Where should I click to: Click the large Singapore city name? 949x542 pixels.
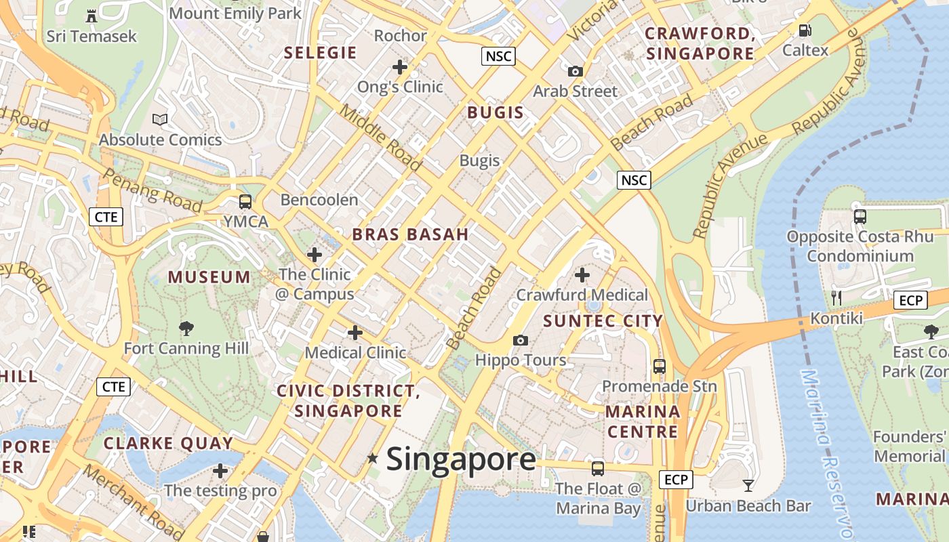[461, 459]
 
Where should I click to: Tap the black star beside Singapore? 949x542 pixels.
[372, 459]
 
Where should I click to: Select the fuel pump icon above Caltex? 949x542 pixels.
[805, 30]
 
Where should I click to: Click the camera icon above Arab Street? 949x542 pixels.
[575, 71]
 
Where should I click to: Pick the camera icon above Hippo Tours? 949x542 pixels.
[520, 340]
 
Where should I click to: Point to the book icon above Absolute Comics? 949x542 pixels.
[160, 120]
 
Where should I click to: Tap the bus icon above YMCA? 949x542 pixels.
[245, 202]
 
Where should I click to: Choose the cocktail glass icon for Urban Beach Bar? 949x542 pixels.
[748, 485]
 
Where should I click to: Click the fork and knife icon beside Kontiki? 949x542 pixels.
[836, 298]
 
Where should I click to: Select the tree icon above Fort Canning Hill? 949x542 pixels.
[186, 329]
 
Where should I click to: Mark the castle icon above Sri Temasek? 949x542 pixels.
[92, 16]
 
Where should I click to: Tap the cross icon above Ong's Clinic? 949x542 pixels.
[400, 66]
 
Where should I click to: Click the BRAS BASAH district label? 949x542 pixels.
[410, 234]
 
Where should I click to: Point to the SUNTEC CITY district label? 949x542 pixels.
[603, 320]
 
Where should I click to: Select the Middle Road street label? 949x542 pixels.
[380, 137]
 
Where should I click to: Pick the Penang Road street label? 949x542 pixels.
[153, 190]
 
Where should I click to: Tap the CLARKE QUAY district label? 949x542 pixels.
[168, 443]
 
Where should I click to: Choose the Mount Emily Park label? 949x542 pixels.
[235, 12]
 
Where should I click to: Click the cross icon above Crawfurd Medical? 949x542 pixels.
[582, 275]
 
